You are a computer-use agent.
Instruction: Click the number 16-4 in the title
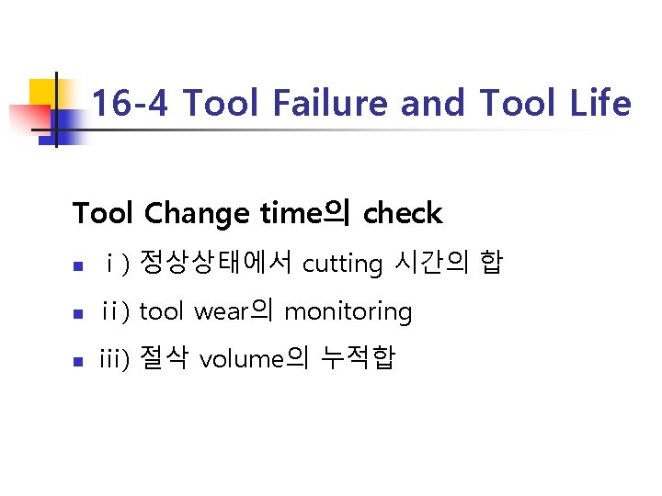coord(130,104)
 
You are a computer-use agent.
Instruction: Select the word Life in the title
coord(599,104)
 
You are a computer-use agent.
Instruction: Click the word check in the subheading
coord(403,214)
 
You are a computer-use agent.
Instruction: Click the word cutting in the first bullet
coord(342,265)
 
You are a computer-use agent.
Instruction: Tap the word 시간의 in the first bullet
coord(431,264)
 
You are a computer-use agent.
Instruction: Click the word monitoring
coord(348,312)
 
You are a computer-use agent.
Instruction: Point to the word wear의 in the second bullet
coord(234,311)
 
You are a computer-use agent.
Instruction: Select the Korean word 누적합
coord(357,359)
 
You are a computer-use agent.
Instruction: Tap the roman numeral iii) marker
coord(115,359)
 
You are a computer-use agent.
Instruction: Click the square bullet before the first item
coord(79,266)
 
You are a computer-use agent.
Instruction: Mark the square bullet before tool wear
coord(79,314)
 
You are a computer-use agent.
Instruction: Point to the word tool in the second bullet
coord(162,311)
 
